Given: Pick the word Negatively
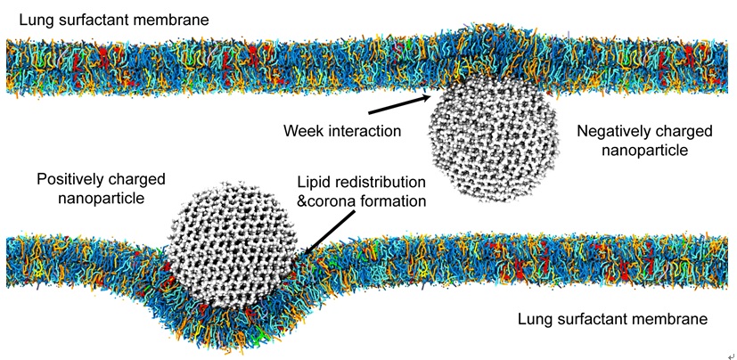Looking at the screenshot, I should pos(611,131).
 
